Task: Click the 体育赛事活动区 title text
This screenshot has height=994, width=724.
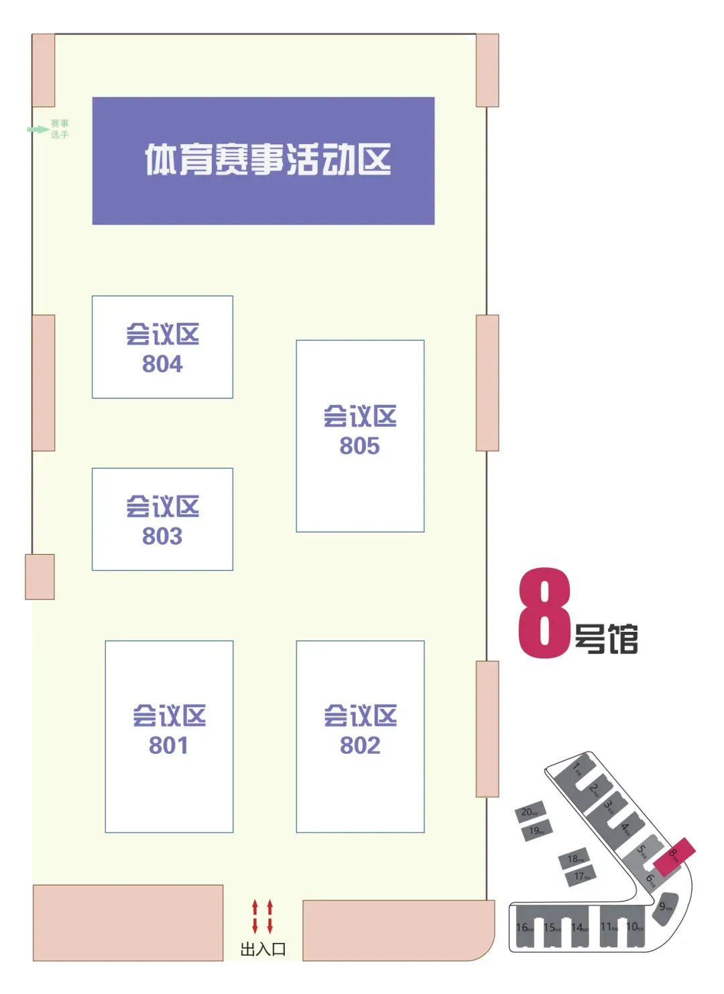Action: tap(267, 160)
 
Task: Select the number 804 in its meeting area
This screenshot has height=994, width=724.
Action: tap(162, 364)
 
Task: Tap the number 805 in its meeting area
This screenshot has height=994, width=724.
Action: tap(359, 446)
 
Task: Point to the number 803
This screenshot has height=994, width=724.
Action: tap(162, 537)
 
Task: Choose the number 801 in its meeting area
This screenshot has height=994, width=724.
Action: tap(169, 746)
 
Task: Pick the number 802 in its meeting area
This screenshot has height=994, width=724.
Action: tap(360, 746)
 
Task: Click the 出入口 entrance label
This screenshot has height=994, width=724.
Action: tap(263, 950)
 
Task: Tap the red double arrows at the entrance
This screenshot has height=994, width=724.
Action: tap(262, 917)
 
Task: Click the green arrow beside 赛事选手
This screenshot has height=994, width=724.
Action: tap(38, 129)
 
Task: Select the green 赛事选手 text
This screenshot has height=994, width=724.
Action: tap(60, 129)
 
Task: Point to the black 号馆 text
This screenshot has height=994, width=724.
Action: tap(606, 639)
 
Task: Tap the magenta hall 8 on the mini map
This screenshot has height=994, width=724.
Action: tap(674, 857)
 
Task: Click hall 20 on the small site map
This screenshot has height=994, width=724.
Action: tap(530, 812)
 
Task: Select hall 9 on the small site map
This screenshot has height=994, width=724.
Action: tap(664, 907)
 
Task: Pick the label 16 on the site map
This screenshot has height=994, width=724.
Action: tap(524, 928)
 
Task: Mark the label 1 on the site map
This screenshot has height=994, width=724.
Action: tap(576, 767)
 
